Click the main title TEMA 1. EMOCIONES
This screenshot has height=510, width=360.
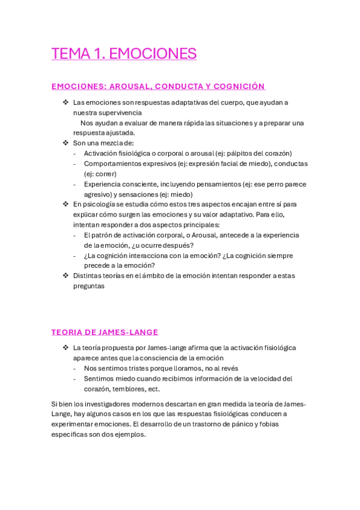click(x=124, y=54)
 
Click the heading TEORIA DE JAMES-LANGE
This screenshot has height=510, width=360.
click(x=105, y=332)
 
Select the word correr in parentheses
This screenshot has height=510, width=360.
click(x=106, y=174)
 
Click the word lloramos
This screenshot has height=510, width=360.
click(x=187, y=368)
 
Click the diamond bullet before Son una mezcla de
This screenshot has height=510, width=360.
click(x=66, y=143)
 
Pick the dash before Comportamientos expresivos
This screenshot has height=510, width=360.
click(x=75, y=164)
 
